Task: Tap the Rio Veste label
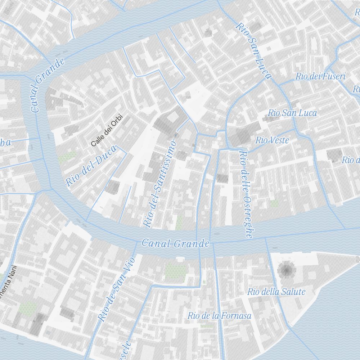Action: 272,140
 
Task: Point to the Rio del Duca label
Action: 91,166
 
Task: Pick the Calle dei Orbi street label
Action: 107,130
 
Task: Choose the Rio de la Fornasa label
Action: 219,316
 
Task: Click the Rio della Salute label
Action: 276,292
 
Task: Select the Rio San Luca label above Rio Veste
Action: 292,113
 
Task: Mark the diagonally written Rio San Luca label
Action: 253,51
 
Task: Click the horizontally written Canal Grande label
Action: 175,243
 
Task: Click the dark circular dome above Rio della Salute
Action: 287,270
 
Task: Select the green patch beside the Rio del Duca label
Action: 67,157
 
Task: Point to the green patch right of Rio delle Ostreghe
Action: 274,203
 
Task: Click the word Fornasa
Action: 237,316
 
